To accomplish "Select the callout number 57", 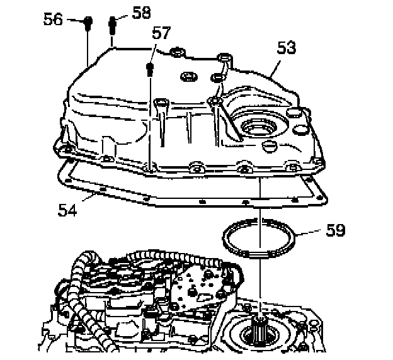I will [161, 33].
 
